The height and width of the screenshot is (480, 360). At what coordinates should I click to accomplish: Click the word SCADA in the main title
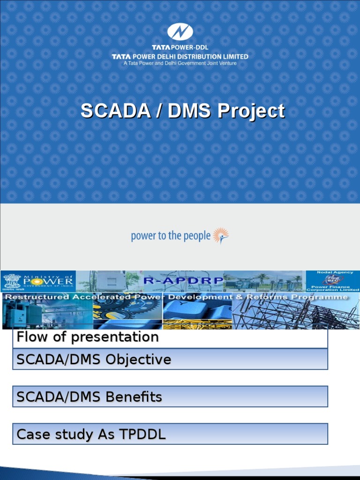click(107, 112)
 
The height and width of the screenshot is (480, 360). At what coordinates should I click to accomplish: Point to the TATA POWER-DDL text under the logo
click(180, 47)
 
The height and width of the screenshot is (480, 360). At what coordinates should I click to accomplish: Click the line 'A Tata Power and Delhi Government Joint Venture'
click(180, 63)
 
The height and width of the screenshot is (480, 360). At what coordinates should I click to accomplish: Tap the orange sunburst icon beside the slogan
click(220, 235)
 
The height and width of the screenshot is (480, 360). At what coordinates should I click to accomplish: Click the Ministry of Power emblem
click(9, 282)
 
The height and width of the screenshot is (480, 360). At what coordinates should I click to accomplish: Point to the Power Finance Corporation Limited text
click(333, 287)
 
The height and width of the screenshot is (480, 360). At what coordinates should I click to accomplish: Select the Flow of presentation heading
click(88, 337)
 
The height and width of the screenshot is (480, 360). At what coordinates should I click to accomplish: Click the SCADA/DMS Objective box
click(170, 360)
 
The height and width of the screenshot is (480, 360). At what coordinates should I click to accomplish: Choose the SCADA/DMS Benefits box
click(170, 397)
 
